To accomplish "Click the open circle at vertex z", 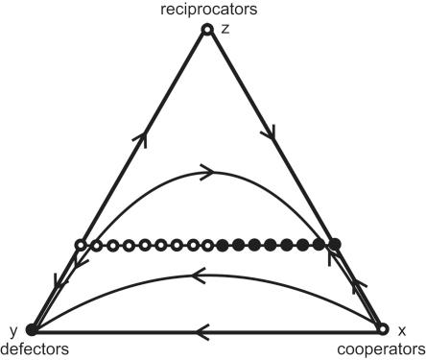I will coord(205,30).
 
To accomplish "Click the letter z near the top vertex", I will coord(225,30).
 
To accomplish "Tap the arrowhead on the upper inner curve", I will coord(205,173).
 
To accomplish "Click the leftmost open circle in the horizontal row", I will coord(83,246).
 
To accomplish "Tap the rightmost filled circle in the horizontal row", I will coord(333,246).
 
